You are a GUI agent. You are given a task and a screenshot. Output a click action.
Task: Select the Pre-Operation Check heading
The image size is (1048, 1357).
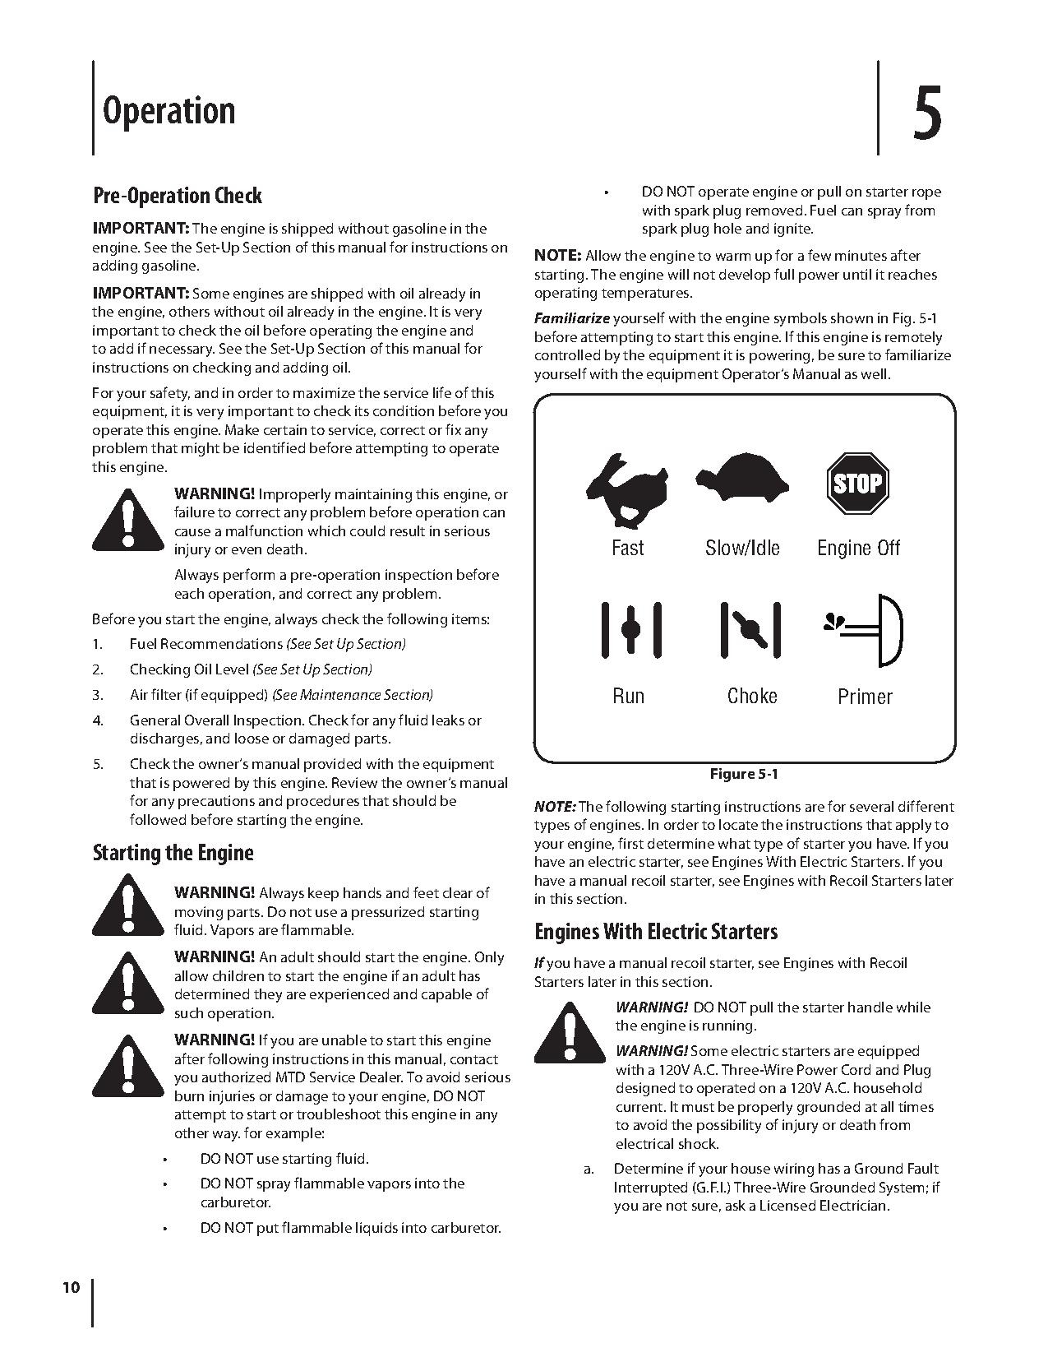pyautogui.click(x=177, y=196)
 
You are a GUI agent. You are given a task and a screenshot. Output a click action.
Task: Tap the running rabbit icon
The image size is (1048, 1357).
pyautogui.click(x=626, y=489)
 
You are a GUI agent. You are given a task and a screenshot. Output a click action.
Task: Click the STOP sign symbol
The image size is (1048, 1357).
pyautogui.click(x=857, y=483)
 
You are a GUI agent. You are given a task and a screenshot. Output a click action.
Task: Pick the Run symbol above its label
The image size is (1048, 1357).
pyautogui.click(x=630, y=629)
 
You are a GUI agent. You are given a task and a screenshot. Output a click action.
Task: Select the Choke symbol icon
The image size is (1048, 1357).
pyautogui.click(x=750, y=630)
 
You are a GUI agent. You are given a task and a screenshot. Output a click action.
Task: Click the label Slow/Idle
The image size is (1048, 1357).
pyautogui.click(x=742, y=548)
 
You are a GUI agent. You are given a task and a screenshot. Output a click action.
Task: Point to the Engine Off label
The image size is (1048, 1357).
pyautogui.click(x=858, y=548)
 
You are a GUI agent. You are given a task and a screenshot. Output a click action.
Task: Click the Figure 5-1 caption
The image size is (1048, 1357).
pyautogui.click(x=744, y=774)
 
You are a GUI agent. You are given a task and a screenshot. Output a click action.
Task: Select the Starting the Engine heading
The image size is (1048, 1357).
pyautogui.click(x=173, y=853)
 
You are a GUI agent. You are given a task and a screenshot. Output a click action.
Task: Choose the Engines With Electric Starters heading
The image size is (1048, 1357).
pyautogui.click(x=655, y=932)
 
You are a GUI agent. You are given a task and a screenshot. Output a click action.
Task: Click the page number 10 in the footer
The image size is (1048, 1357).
pyautogui.click(x=71, y=1287)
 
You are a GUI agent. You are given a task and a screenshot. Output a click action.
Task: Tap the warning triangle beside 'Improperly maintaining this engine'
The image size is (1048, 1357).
pyautogui.click(x=126, y=520)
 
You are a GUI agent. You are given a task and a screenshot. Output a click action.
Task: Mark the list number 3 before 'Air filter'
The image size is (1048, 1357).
pyautogui.click(x=98, y=695)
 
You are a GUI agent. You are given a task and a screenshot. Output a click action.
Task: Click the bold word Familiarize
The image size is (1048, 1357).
pyautogui.click(x=572, y=318)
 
